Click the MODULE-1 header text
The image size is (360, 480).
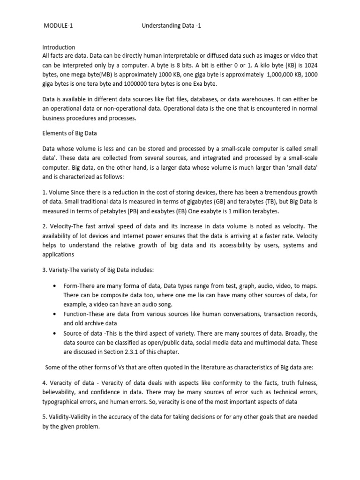point(58,26)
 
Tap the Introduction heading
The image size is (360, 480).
point(59,47)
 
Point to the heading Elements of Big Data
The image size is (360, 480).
point(70,133)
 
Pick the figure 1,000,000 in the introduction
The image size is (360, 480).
point(267,74)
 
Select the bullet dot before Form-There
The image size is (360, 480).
point(56,285)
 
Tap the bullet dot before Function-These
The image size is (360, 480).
point(56,314)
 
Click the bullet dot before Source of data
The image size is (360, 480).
point(56,333)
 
